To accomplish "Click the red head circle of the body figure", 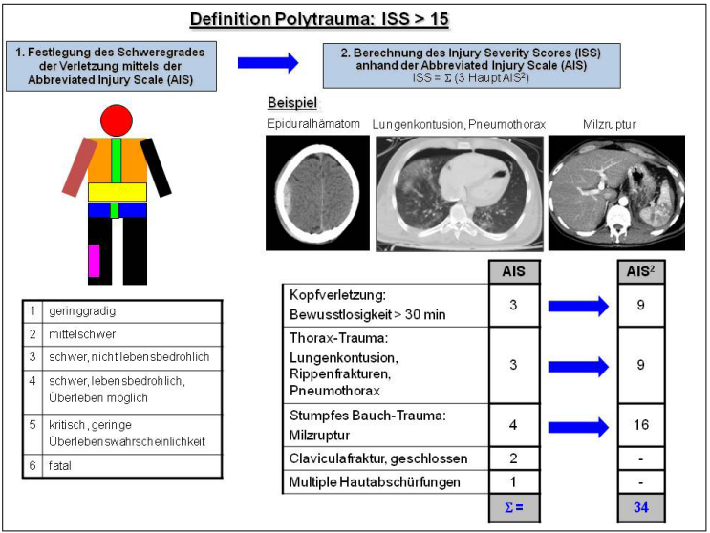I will pos(116,120).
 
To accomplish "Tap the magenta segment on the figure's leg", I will pos(94,261).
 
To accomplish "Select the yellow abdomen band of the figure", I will pos(117,192).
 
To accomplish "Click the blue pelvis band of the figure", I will pos(117,210).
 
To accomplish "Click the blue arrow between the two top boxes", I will pos(267,62).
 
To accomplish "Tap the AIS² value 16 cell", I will pos(641,425).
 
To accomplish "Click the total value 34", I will pos(641,506).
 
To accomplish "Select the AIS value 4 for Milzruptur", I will pos(514,425).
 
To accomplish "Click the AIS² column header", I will pos(641,270).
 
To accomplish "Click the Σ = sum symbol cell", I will pos(514,506).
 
